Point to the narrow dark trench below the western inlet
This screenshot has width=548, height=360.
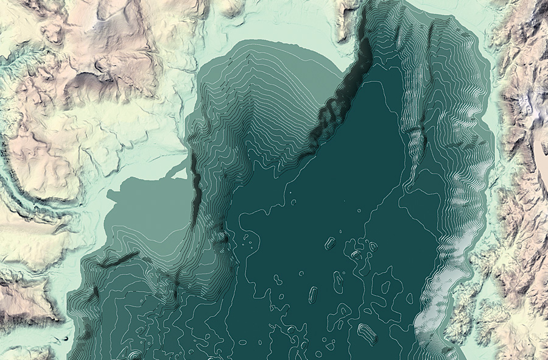[195, 189]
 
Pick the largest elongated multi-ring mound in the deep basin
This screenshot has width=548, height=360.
[367, 333]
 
